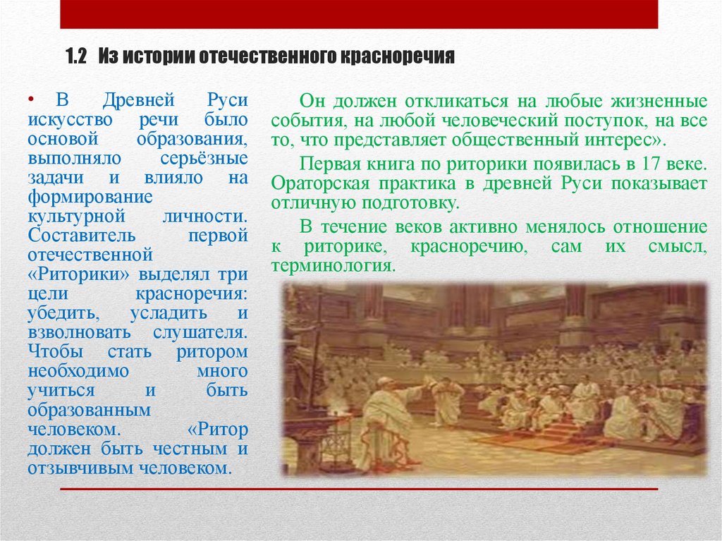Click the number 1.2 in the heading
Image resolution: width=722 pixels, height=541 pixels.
click(x=75, y=57)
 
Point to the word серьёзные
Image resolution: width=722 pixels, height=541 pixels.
click(x=212, y=157)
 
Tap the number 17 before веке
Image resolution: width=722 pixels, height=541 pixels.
click(x=649, y=164)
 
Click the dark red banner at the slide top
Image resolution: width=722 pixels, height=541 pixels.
click(x=359, y=14)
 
